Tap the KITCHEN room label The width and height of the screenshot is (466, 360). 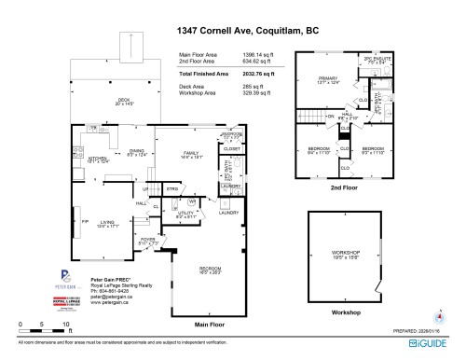click(x=97, y=157)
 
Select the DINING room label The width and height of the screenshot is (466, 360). click(x=136, y=152)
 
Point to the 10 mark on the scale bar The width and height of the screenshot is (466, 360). click(x=65, y=324)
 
